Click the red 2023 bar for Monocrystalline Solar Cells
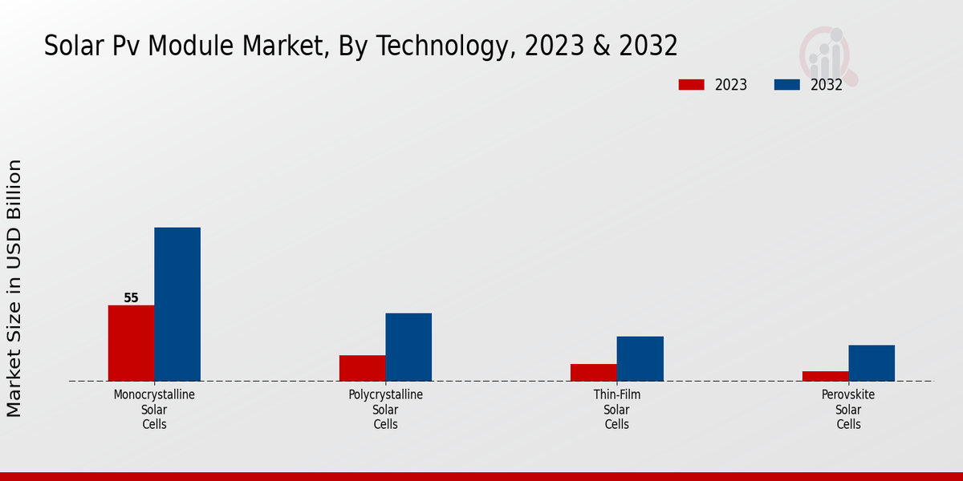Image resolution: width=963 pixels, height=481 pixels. pyautogui.click(x=131, y=343)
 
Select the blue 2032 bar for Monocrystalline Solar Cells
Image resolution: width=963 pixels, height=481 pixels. pyautogui.click(x=177, y=305)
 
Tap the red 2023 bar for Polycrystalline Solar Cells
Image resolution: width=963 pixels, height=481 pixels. pyautogui.click(x=362, y=368)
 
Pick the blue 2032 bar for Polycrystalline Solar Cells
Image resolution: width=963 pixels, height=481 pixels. pyautogui.click(x=408, y=347)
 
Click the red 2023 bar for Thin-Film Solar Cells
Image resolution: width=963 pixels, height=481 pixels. pyautogui.click(x=593, y=373)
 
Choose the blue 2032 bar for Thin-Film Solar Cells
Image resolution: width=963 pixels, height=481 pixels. pyautogui.click(x=640, y=358)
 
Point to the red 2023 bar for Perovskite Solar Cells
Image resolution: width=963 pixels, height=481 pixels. pyautogui.click(x=825, y=376)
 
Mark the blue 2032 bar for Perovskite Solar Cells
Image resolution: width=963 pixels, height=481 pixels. pyautogui.click(x=872, y=363)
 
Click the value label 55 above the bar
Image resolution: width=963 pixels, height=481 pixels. pyautogui.click(x=131, y=298)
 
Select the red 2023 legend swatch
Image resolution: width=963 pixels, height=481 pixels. pyautogui.click(x=691, y=85)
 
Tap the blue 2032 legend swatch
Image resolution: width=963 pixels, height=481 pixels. pyautogui.click(x=786, y=85)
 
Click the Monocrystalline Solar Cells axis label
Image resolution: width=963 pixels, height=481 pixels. pyautogui.click(x=154, y=410)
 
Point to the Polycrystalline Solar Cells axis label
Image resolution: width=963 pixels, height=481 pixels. pyautogui.click(x=385, y=410)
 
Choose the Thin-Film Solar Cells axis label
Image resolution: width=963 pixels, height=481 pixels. pyautogui.click(x=617, y=410)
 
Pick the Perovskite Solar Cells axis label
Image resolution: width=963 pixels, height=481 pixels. pyautogui.click(x=848, y=410)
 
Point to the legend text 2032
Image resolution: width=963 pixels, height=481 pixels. pyautogui.click(x=827, y=85)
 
